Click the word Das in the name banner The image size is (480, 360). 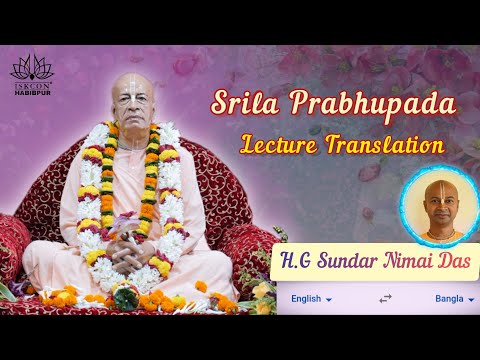click(x=455, y=262)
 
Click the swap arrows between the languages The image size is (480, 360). click(x=385, y=298)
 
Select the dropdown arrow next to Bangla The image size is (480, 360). click(x=470, y=299)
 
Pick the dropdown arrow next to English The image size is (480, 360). click(x=328, y=299)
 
